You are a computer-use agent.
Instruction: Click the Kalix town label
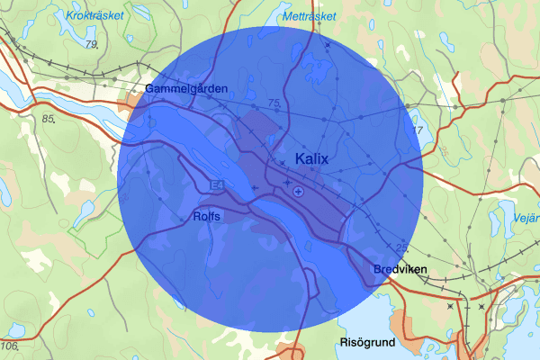tap(312, 159)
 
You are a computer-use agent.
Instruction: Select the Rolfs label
tap(206, 217)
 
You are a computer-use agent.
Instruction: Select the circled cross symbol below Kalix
tap(299, 191)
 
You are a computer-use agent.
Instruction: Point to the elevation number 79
tap(90, 44)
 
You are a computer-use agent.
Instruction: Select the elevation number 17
tap(417, 130)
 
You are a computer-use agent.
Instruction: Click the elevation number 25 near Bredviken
tap(401, 247)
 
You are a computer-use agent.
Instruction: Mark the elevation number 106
tap(10, 346)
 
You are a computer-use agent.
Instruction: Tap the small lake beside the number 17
tap(415, 115)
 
